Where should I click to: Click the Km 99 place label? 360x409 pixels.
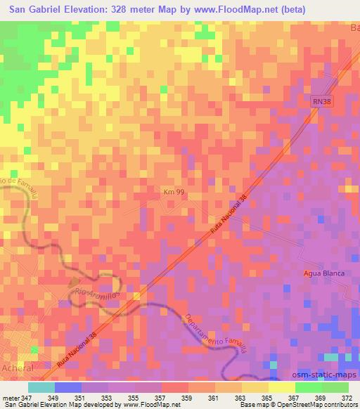coord(173,190)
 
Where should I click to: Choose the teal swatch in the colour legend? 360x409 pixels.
coord(41,387)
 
